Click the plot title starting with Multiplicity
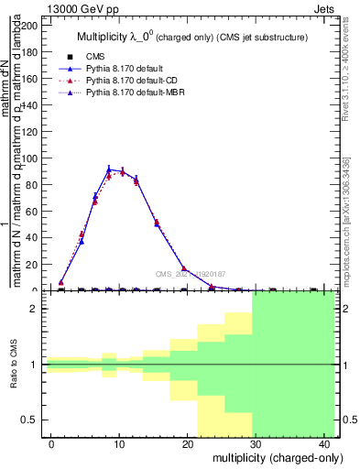(x=191, y=37)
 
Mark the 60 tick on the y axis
(x=33, y=212)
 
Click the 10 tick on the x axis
(x=119, y=444)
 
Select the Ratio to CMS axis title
(x=14, y=364)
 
